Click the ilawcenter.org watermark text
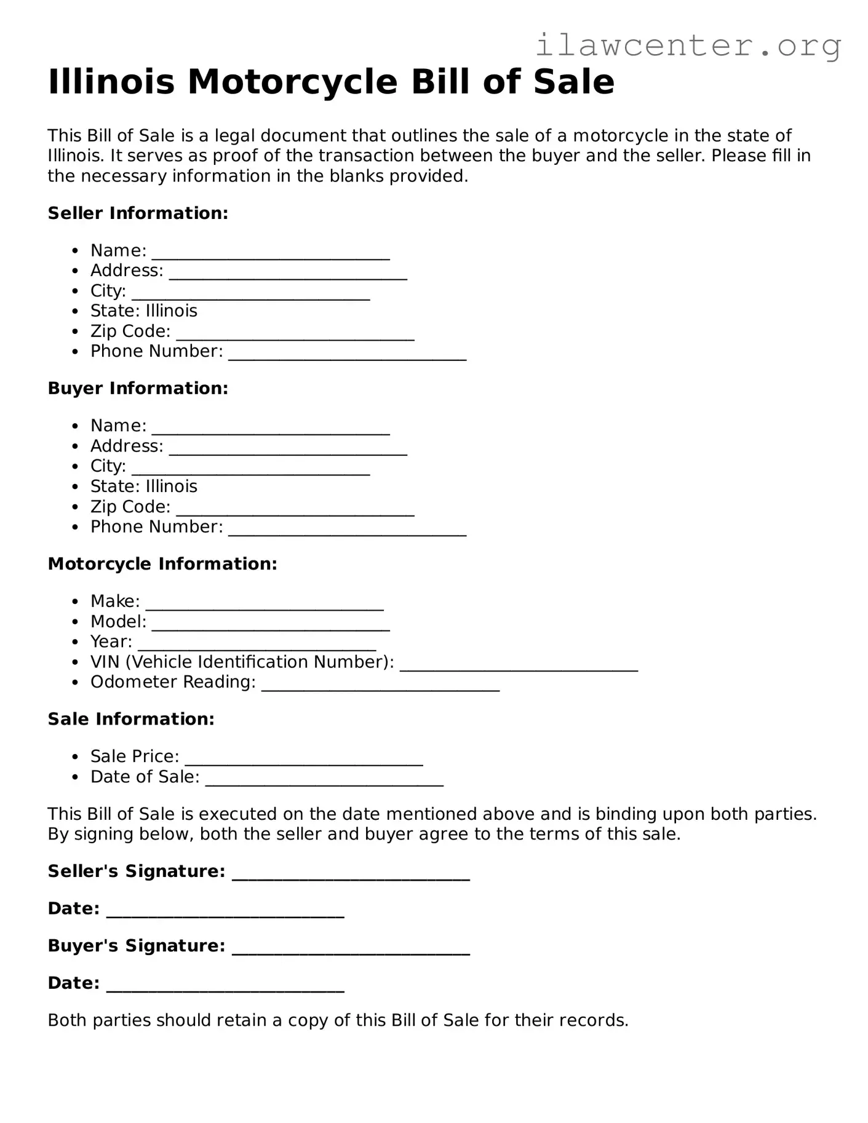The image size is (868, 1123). [688, 46]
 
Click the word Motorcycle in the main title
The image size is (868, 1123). [292, 82]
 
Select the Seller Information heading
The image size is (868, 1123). [138, 213]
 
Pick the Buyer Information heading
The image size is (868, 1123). [138, 389]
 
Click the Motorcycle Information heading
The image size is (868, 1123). [162, 564]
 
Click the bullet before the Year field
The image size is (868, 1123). [75, 642]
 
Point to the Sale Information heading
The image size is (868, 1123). [131, 720]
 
